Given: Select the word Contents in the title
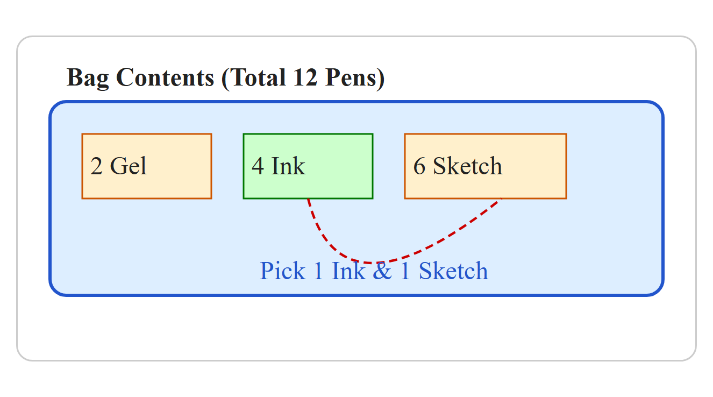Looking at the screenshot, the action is coord(165,77).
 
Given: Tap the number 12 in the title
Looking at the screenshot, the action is coord(305,77).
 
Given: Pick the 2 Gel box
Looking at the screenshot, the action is coord(147,166).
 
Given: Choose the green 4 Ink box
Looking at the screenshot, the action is coord(308,166).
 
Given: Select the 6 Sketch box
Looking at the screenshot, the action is coord(486,166).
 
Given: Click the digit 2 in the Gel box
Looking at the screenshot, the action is coord(96,166).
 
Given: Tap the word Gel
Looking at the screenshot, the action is coord(128,166).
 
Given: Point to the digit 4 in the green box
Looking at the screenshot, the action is coord(258,166).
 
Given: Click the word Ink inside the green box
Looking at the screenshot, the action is coord(288,166).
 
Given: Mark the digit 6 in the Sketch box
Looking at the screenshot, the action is coord(419,166).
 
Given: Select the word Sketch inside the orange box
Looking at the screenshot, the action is coord(468,166).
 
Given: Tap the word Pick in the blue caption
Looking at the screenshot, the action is coord(283,271).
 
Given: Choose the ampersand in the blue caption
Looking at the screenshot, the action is coord(382,271).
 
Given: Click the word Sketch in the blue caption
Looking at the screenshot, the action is coord(453,271).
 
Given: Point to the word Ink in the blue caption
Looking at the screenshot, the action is coord(348,271).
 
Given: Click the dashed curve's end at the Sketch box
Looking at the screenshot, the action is coord(501,198).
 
